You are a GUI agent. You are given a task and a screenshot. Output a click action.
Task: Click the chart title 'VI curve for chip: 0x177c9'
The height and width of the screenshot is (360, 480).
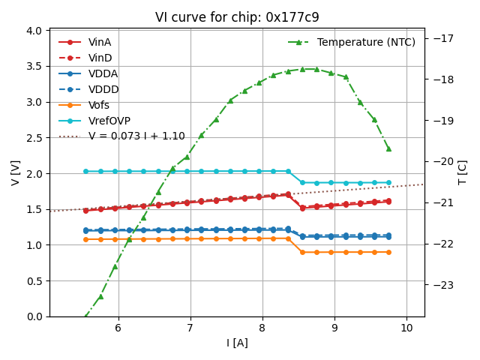[x=236, y=17]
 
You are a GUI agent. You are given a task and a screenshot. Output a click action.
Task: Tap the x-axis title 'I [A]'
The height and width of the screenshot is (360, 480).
[x=237, y=343]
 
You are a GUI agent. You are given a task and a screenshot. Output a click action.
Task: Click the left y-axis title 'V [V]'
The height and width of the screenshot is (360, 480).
[x=16, y=173]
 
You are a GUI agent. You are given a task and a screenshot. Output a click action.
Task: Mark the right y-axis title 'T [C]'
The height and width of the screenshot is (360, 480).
[x=463, y=173]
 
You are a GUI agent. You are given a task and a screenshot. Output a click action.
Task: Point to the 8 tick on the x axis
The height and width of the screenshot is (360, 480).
[x=262, y=328]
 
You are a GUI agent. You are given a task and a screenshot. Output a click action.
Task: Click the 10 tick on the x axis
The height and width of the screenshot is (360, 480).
[x=406, y=328]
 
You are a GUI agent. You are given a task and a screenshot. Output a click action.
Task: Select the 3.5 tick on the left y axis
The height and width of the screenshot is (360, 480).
[x=35, y=66]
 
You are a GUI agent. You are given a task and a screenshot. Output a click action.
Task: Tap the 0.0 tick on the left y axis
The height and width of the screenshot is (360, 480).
[x=35, y=316]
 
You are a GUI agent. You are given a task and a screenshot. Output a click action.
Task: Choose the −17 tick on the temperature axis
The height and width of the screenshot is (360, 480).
[x=440, y=38]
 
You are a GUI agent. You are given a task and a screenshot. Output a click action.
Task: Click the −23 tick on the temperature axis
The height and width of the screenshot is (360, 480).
[x=440, y=285]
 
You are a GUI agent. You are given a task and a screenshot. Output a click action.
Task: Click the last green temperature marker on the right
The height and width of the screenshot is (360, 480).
[x=388, y=148]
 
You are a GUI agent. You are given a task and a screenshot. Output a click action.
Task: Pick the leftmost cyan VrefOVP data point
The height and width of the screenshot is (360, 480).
[x=85, y=171]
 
